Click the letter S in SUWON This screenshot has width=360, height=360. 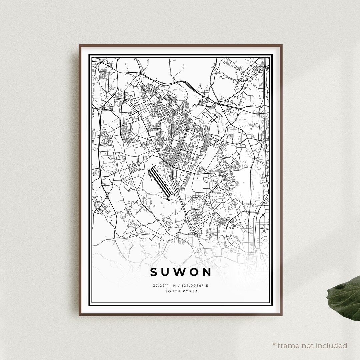(x=154, y=272)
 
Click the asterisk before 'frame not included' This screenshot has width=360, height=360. (x=274, y=345)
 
